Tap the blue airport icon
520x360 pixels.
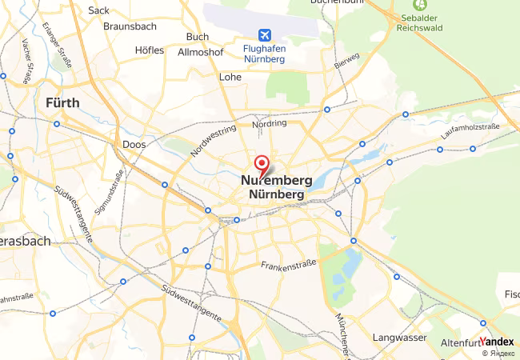point(264,34)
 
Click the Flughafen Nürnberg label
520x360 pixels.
point(264,54)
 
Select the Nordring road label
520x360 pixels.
point(269,125)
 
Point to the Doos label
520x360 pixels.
point(134,145)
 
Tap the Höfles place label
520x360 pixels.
point(150,50)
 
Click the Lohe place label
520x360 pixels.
point(230,78)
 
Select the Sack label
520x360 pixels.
point(98,10)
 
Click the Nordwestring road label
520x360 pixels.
point(214,140)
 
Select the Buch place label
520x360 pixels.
point(197,37)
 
